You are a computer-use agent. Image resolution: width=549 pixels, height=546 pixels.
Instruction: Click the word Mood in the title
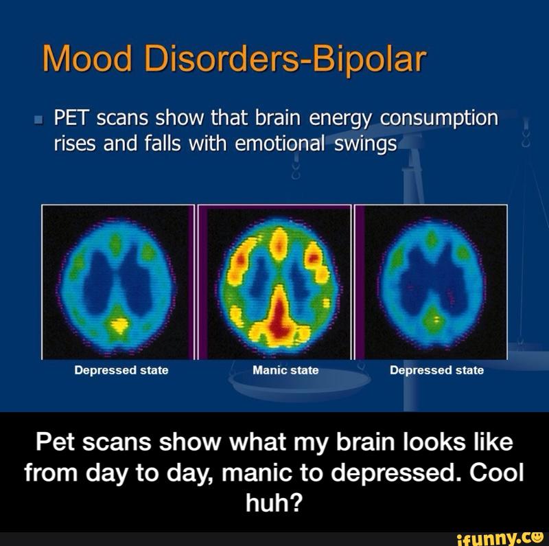pos(87,58)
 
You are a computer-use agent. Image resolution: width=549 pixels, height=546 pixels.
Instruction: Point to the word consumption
pos(439,119)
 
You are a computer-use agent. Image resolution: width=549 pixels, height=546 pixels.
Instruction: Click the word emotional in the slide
pos(280,144)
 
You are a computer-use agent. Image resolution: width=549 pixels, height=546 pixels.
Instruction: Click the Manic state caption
pos(285,370)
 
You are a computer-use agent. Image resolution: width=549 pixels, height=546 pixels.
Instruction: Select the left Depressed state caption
pos(121,370)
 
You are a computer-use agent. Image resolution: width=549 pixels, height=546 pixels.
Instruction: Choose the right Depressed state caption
pos(437,370)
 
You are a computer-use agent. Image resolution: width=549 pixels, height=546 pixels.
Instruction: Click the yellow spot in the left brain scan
pos(119,326)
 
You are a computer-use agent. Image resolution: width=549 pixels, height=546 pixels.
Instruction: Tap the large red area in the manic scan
pos(280,315)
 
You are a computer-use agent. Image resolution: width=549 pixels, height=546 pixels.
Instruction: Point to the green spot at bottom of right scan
pos(434,319)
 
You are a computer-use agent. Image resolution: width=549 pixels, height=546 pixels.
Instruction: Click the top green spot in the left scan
pos(115,244)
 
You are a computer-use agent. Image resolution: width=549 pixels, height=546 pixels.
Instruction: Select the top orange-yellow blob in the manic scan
pos(279,244)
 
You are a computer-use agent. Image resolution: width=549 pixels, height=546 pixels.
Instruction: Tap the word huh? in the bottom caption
pos(274,503)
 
